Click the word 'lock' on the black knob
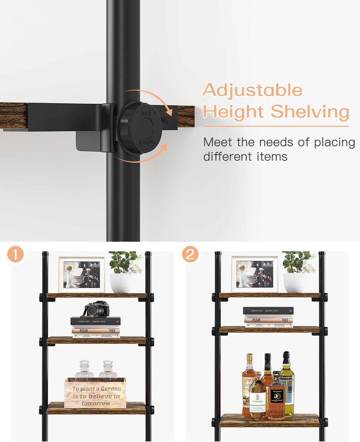146,113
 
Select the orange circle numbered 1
15,255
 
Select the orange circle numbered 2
190,255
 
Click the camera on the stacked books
96,309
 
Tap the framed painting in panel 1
82,274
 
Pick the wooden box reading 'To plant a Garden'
95,393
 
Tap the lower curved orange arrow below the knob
144,156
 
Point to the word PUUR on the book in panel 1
84,331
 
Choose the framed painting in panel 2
255,274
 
